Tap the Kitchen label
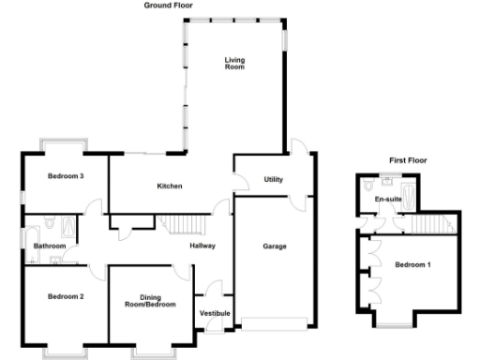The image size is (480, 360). pyautogui.click(x=169, y=186)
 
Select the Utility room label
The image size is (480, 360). pyautogui.click(x=274, y=179)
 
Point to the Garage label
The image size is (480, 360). pyautogui.click(x=275, y=247)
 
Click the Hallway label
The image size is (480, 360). pyautogui.click(x=202, y=247)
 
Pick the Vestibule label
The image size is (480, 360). pyautogui.click(x=215, y=312)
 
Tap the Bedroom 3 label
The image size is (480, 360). pyautogui.click(x=68, y=176)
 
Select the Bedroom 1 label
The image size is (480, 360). pyautogui.click(x=412, y=264)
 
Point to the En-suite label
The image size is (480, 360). pyautogui.click(x=386, y=200)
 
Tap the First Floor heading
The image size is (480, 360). pyautogui.click(x=408, y=160)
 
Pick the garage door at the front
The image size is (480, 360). pyautogui.click(x=274, y=324)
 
